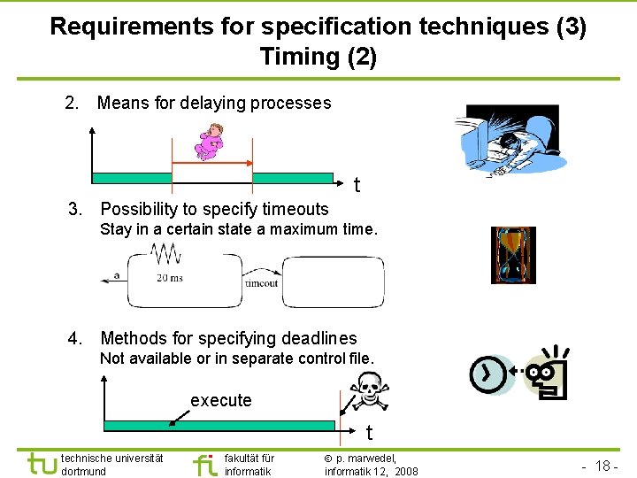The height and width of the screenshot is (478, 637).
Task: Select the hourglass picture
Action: (513, 255)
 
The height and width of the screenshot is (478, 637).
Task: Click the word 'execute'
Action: (221, 401)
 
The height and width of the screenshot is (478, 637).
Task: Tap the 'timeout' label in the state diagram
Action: (261, 283)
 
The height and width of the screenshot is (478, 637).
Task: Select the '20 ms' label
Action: (169, 278)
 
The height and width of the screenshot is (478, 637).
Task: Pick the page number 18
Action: (605, 466)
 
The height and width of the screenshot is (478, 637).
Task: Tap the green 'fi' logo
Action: (204, 464)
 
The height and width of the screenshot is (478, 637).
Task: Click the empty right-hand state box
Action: (333, 281)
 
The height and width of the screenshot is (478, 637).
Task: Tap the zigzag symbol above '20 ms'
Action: (166, 255)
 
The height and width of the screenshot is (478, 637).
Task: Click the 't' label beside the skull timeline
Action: (370, 433)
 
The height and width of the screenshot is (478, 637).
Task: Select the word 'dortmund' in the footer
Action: (84, 472)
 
